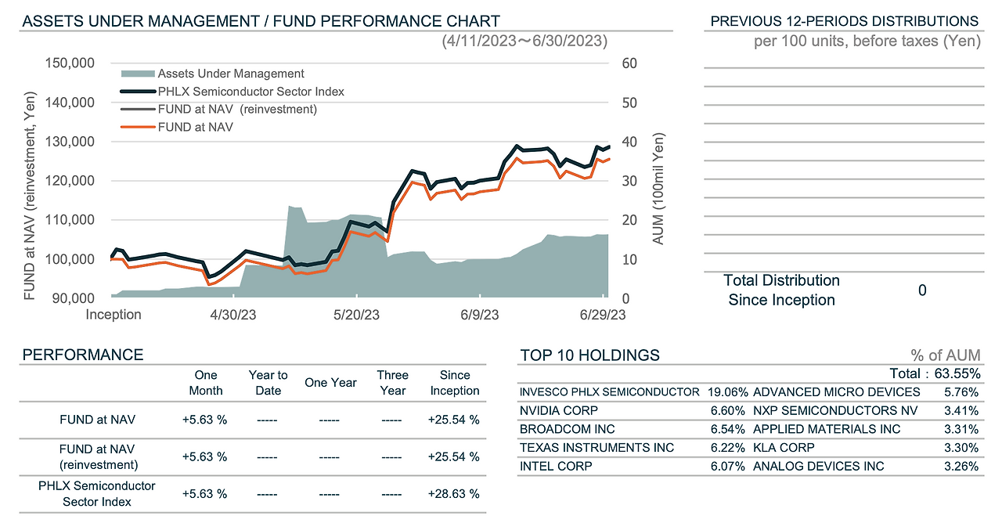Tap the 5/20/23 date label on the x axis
(x=357, y=315)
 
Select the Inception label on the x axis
(x=114, y=315)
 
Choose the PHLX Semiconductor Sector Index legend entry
(x=250, y=92)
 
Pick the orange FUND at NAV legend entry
(x=195, y=127)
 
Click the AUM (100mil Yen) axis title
(x=658, y=188)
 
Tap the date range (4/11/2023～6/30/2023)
(x=524, y=41)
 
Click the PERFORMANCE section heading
(x=83, y=355)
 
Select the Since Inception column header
(x=454, y=383)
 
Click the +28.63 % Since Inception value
(x=454, y=493)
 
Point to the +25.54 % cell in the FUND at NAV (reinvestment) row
(x=454, y=456)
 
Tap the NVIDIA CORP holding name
(x=558, y=410)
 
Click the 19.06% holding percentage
(x=728, y=391)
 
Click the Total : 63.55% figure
(x=934, y=373)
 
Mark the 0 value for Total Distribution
(x=922, y=290)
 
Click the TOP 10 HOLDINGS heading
(x=589, y=355)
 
